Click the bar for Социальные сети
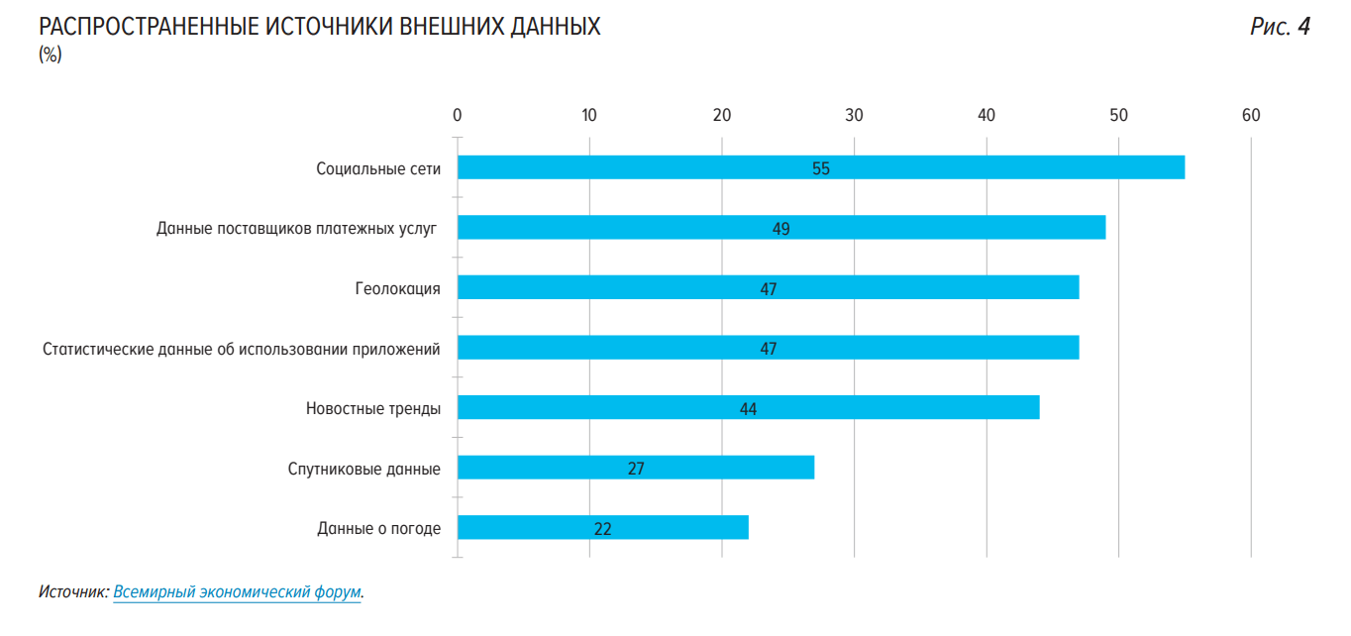(693, 167)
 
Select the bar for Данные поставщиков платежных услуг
(644, 228)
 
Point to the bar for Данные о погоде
(674, 528)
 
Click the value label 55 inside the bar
(821, 168)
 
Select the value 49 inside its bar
(781, 229)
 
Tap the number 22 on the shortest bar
(602, 529)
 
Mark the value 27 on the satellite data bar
(636, 469)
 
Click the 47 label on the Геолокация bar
(768, 289)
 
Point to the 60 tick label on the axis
(1251, 115)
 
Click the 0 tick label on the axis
(457, 115)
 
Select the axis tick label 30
(854, 115)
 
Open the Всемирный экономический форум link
(237, 592)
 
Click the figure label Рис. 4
(1280, 27)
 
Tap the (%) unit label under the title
(51, 54)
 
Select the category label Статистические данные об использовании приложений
(242, 349)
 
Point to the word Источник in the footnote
(72, 592)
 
